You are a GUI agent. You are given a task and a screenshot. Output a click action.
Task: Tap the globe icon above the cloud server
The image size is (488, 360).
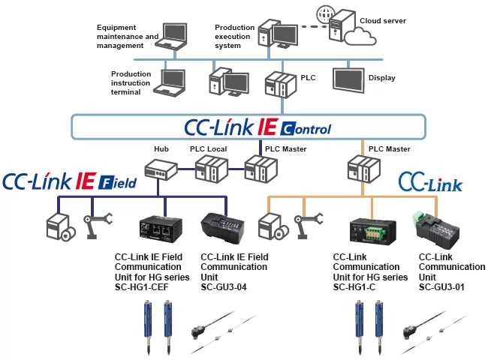[x=325, y=13]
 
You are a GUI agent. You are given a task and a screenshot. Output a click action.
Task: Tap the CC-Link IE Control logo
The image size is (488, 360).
[x=257, y=127]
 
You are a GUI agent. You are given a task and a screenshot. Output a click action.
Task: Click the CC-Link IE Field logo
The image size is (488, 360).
[x=69, y=181]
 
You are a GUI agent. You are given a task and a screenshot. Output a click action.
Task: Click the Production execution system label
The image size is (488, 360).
[x=238, y=37]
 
